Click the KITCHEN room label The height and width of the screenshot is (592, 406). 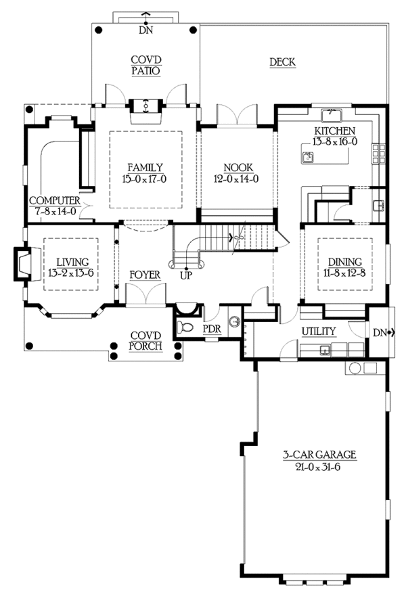pyautogui.click(x=335, y=131)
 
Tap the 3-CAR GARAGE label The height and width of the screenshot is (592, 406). pyautogui.click(x=319, y=455)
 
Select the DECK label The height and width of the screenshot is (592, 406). pyautogui.click(x=282, y=62)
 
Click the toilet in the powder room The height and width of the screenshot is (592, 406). pyautogui.click(x=185, y=327)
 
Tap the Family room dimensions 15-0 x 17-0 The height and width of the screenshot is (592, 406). pyautogui.click(x=144, y=179)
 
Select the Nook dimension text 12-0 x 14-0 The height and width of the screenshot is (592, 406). pyautogui.click(x=236, y=179)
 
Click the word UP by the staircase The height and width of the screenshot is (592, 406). pyautogui.click(x=186, y=276)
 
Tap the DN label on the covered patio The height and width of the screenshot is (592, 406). pyautogui.click(x=145, y=30)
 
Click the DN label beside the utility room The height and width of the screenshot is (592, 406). pyautogui.click(x=380, y=333)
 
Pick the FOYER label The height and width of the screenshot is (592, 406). pyautogui.click(x=145, y=275)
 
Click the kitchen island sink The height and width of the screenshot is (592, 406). pyautogui.click(x=308, y=157)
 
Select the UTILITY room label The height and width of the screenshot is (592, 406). pyautogui.click(x=319, y=331)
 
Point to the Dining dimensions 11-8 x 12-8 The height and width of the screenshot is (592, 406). pyautogui.click(x=344, y=273)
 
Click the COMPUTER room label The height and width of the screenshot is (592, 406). pyautogui.click(x=55, y=200)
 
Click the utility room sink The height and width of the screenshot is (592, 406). pyautogui.click(x=324, y=350)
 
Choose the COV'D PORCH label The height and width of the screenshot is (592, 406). pyautogui.click(x=145, y=340)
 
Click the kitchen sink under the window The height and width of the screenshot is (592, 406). pyautogui.click(x=331, y=115)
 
